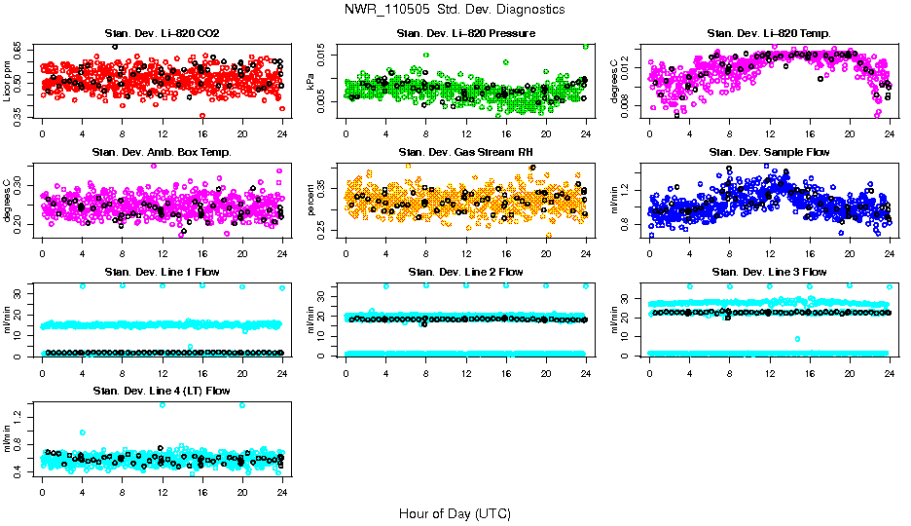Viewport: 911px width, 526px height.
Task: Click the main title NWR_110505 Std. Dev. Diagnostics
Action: point(455,10)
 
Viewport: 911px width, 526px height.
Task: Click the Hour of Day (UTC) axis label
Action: point(455,513)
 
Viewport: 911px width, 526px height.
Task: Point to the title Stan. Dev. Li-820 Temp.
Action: point(769,34)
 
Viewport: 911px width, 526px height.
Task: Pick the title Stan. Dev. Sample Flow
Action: point(769,153)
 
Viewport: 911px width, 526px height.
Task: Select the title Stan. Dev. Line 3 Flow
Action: point(769,272)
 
